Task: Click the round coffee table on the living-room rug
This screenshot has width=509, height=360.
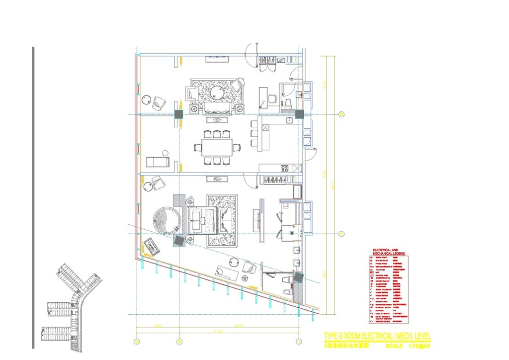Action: [x=217, y=92]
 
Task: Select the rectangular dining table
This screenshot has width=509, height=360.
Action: [x=217, y=147]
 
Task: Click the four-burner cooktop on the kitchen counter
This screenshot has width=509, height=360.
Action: [x=285, y=168]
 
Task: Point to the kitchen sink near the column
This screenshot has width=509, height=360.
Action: [x=289, y=120]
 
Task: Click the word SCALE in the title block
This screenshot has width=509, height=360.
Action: [x=394, y=346]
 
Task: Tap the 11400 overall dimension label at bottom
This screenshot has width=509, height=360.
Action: [x=217, y=331]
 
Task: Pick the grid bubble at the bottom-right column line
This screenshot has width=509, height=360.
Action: [x=298, y=341]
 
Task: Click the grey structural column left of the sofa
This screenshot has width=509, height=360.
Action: [x=179, y=114]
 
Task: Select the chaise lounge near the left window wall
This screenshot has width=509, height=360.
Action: [x=158, y=162]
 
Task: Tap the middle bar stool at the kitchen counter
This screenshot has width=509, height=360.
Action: [x=254, y=133]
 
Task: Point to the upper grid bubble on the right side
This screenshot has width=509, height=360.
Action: [x=341, y=114]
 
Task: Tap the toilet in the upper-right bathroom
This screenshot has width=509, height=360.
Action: [x=287, y=103]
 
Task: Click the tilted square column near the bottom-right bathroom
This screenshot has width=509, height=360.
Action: [x=298, y=277]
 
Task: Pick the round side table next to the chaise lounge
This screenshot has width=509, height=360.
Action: [x=165, y=153]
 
